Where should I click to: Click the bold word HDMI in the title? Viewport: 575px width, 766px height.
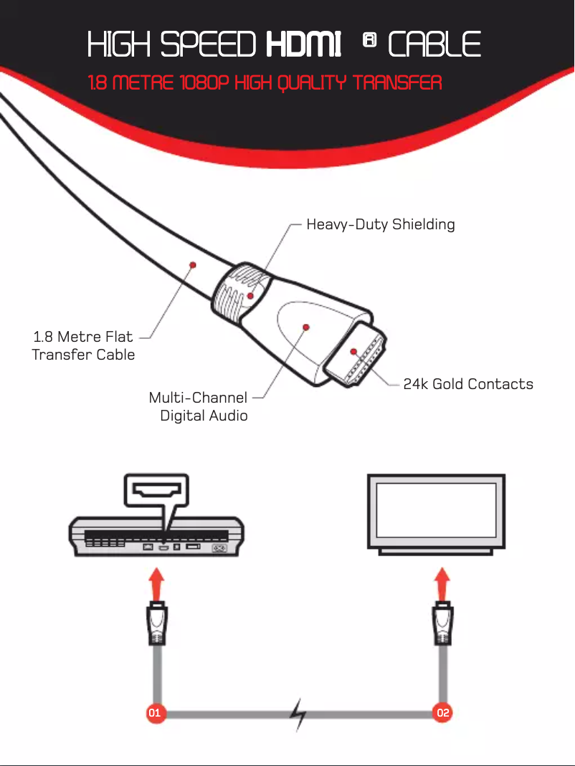[303, 44]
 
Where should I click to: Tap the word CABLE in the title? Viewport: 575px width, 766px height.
[434, 44]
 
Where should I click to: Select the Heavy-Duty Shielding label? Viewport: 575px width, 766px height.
[381, 225]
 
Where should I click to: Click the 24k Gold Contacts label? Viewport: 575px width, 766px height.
[468, 384]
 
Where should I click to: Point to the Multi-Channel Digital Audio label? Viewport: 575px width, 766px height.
[198, 406]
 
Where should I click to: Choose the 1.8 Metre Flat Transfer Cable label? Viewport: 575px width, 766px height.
[83, 345]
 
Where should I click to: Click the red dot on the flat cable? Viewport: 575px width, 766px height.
[193, 265]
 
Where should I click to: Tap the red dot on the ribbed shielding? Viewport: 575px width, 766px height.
[250, 295]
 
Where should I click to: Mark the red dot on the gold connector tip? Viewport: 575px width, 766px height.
[353, 352]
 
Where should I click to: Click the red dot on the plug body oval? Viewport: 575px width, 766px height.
[306, 327]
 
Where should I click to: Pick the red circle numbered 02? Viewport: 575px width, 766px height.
[442, 713]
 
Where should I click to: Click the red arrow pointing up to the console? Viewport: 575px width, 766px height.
[156, 584]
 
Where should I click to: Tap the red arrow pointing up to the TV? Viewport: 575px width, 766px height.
[442, 584]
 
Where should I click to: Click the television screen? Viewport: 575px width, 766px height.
[436, 511]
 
